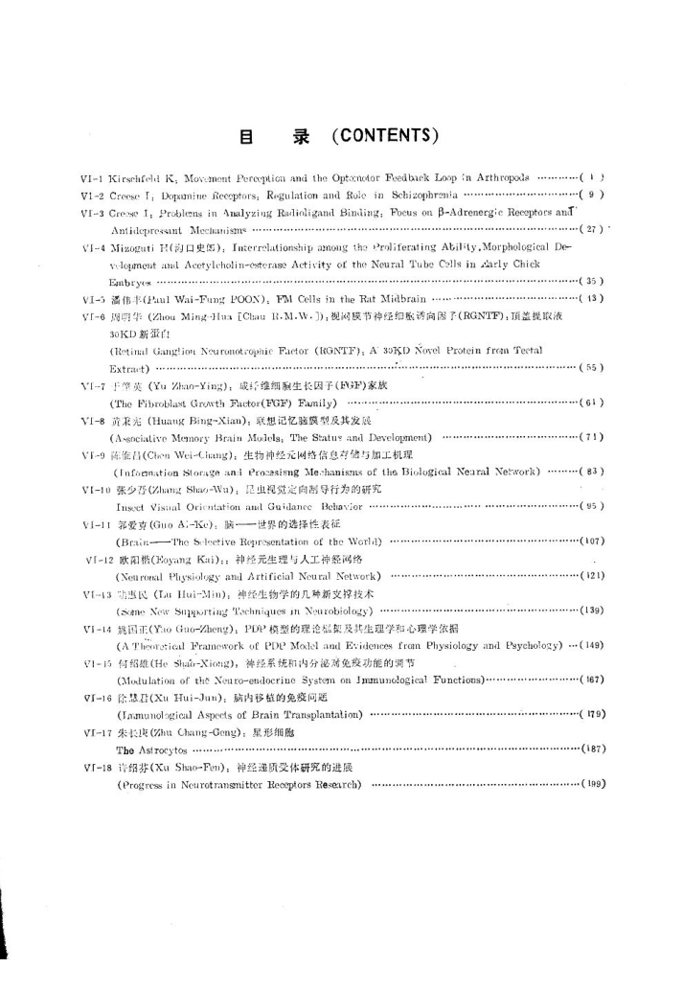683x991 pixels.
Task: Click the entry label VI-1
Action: point(93,178)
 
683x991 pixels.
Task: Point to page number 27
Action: point(591,230)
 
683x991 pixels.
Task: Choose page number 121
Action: point(591,576)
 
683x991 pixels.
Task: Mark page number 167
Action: point(591,680)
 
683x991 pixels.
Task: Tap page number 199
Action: point(591,784)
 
